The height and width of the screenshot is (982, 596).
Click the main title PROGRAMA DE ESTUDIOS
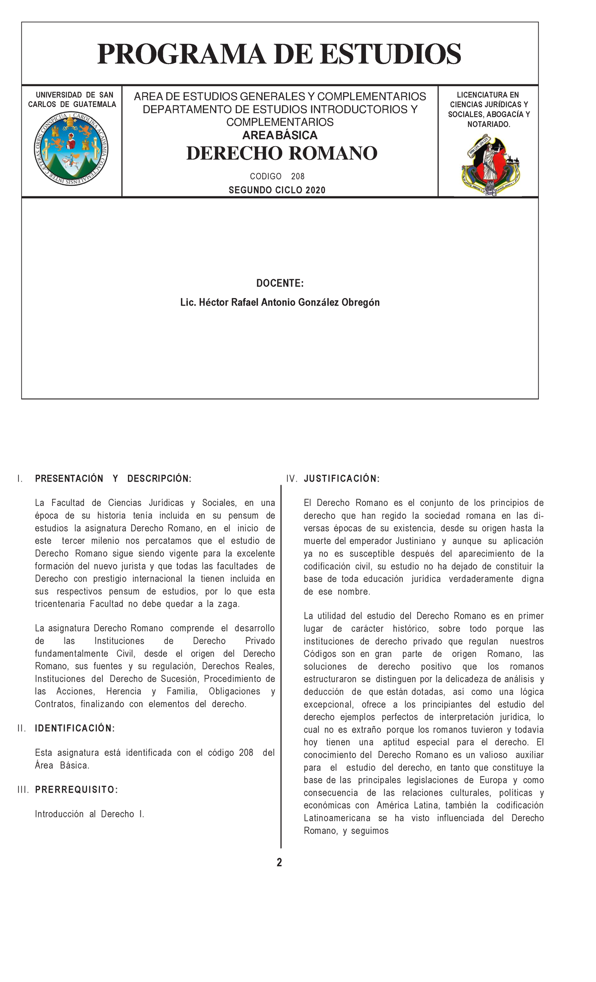[279, 54]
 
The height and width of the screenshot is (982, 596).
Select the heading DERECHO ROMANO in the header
[282, 154]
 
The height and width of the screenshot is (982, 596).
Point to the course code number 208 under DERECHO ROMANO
[298, 176]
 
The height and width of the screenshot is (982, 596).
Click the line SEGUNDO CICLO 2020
[277, 190]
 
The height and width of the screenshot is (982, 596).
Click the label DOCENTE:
[280, 283]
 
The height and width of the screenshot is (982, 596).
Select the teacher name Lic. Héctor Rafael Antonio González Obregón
[280, 303]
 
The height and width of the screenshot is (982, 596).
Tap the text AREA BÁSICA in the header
[280, 136]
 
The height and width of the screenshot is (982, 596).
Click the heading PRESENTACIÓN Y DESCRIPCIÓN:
[113, 479]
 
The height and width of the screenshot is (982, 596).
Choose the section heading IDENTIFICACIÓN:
[74, 729]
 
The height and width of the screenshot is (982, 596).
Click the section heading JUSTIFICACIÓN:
[342, 479]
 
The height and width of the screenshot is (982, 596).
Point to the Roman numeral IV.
[292, 479]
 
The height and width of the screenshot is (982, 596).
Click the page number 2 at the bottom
[280, 863]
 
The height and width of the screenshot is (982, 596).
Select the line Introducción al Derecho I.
[89, 814]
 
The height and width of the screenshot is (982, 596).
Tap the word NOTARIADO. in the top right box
[488, 124]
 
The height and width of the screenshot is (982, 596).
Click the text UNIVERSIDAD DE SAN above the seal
[74, 95]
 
